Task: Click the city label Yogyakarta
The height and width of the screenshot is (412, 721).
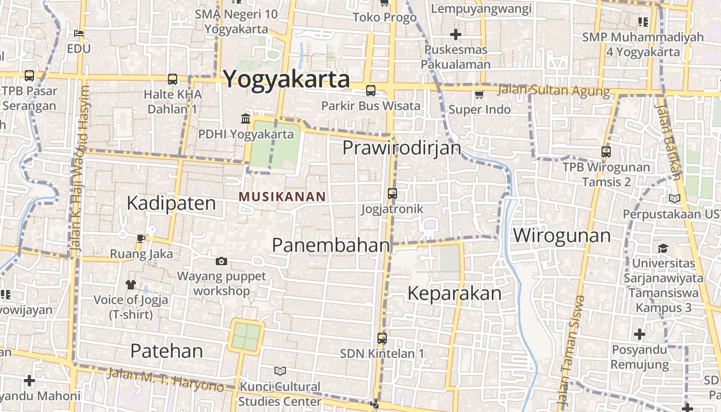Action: coord(286,79)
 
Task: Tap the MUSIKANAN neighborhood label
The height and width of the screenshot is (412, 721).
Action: coord(282,196)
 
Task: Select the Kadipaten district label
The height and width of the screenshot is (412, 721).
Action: coord(171,203)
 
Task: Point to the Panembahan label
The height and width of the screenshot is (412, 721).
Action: coord(331,245)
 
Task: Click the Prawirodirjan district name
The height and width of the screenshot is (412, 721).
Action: coord(402,148)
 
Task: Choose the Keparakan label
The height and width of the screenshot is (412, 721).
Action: coord(454,293)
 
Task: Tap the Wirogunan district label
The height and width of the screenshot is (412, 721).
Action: coord(562,235)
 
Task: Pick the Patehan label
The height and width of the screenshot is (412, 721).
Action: coord(166,351)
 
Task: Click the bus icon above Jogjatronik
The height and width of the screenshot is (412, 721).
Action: coord(392,194)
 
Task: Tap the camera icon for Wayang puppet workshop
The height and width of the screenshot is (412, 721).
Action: coord(221,262)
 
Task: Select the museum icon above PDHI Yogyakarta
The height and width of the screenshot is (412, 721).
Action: coord(246,119)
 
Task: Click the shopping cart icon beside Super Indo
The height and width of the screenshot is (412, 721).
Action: coord(479,94)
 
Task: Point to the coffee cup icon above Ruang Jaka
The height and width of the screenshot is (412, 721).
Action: coord(141,238)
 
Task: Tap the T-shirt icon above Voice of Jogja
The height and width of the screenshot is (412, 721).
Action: coord(131,284)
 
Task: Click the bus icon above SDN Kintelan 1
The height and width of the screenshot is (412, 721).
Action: coord(382,338)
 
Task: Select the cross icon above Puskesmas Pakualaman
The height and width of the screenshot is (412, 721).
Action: coord(455,35)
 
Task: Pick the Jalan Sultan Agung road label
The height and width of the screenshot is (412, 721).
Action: coord(554,91)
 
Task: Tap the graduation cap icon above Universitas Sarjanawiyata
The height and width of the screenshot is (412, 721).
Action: coord(663,248)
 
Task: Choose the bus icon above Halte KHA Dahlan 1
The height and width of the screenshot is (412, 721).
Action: coord(173,79)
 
